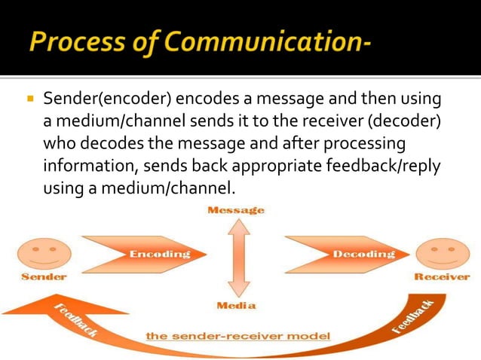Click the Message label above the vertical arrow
tap(236, 210)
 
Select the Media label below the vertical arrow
tap(236, 306)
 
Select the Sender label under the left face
tap(43, 276)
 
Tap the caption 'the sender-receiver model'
tap(237, 335)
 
